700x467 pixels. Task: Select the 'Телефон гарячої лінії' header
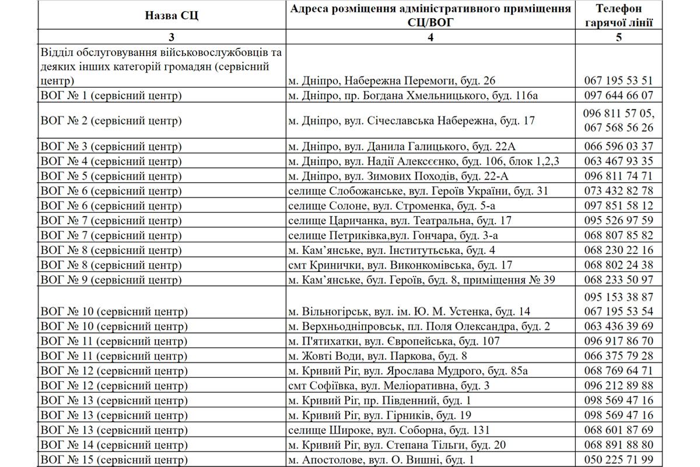618,16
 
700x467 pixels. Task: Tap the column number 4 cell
430,37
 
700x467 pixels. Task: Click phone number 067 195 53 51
618,81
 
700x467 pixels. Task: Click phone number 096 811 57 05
618,114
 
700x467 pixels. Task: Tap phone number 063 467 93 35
618,161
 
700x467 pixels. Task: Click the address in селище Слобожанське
419,191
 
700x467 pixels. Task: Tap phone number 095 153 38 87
618,297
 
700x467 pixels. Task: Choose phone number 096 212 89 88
618,386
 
